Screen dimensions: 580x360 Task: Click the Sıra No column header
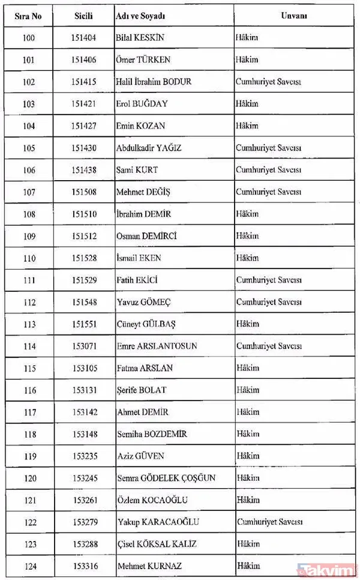click(29, 16)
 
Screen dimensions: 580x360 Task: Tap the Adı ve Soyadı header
click(140, 16)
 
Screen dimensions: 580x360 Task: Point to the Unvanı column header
click(293, 16)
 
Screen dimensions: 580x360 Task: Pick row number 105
click(29, 148)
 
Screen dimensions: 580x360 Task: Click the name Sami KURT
click(137, 170)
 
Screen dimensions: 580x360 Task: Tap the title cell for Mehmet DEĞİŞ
click(268, 192)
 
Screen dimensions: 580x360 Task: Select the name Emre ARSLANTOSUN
click(157, 346)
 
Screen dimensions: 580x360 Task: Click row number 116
click(29, 390)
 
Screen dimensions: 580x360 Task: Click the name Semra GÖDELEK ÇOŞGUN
click(166, 479)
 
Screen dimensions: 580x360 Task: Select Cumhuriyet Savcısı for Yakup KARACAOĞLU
click(268, 522)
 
